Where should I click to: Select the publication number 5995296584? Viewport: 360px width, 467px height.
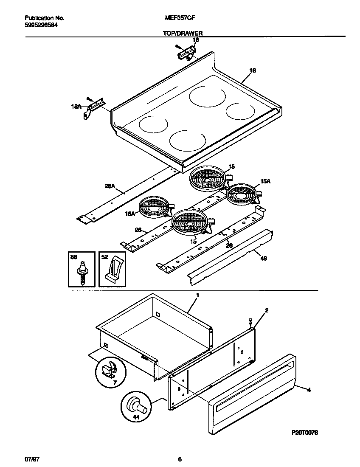click(x=42, y=25)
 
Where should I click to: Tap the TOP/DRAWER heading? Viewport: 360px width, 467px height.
click(x=183, y=33)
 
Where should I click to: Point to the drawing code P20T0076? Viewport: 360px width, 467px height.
click(x=305, y=432)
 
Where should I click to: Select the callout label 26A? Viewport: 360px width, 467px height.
click(x=109, y=185)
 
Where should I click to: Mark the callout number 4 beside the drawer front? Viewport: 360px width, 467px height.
click(x=309, y=390)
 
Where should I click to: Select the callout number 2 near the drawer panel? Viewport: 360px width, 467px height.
click(x=266, y=311)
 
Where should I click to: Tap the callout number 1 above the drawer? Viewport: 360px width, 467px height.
click(x=197, y=295)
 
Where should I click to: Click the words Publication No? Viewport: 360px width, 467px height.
click(x=45, y=18)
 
